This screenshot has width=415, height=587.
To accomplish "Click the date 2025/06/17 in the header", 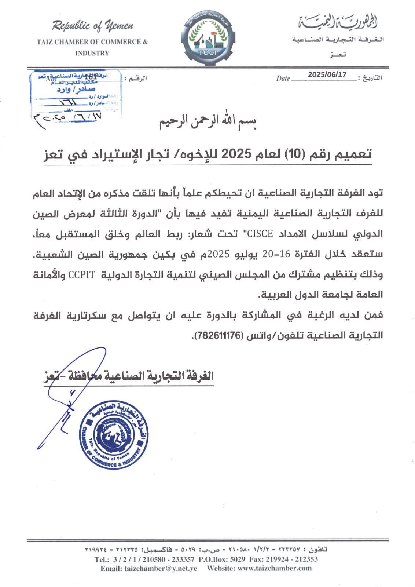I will pyautogui.click(x=327, y=74).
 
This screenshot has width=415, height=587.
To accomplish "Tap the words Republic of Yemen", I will pyautogui.click(x=92, y=26).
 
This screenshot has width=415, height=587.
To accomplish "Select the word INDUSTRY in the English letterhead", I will pyautogui.click(x=92, y=53).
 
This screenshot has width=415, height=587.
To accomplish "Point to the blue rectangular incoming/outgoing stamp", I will pyautogui.click(x=75, y=94).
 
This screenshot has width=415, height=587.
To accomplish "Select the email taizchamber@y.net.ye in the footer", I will pyautogui.click(x=149, y=568).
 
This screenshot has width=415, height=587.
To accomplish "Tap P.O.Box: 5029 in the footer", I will pyautogui.click(x=222, y=559).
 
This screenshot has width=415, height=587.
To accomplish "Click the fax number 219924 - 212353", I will pyautogui.click(x=293, y=559).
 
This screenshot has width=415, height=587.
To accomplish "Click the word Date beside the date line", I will pyautogui.click(x=283, y=78).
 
